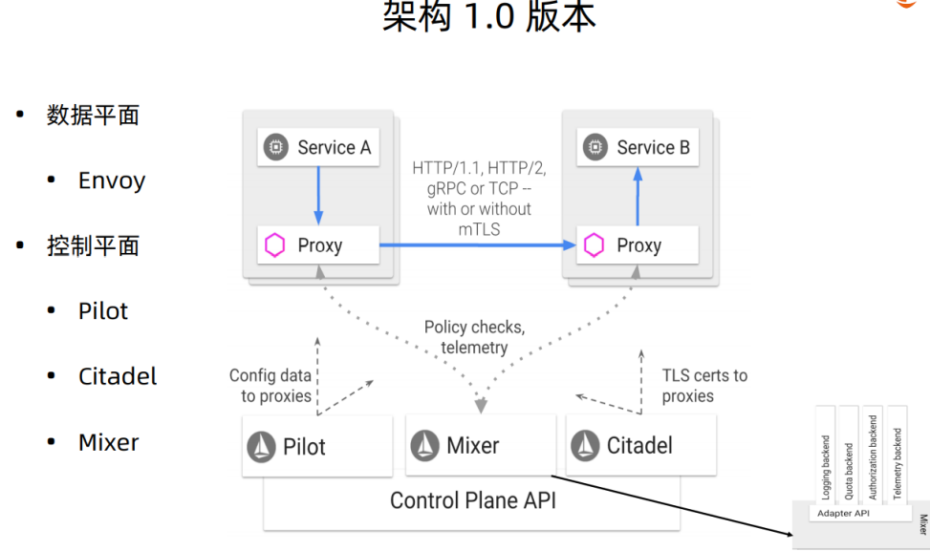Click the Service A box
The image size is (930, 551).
pyautogui.click(x=318, y=147)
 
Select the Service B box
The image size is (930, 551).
pyautogui.click(x=638, y=147)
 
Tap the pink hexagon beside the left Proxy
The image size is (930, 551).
pyautogui.click(x=275, y=245)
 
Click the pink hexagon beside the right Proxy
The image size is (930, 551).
pyautogui.click(x=595, y=245)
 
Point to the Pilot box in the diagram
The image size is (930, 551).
pyautogui.click(x=317, y=446)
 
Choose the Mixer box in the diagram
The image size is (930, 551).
pyautogui.click(x=481, y=445)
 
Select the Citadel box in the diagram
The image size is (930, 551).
pyautogui.click(x=641, y=445)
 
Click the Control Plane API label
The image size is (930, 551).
pyautogui.click(x=472, y=500)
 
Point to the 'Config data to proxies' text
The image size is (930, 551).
pyautogui.click(x=270, y=386)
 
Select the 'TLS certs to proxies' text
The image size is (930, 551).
pyautogui.click(x=703, y=386)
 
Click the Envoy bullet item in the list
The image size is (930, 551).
pyautogui.click(x=111, y=180)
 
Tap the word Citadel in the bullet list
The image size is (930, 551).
pyautogui.click(x=118, y=376)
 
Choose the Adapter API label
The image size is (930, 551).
pyautogui.click(x=843, y=514)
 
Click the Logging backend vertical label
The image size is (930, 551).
pyautogui.click(x=826, y=468)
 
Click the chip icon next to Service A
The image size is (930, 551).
pyautogui.click(x=276, y=147)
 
